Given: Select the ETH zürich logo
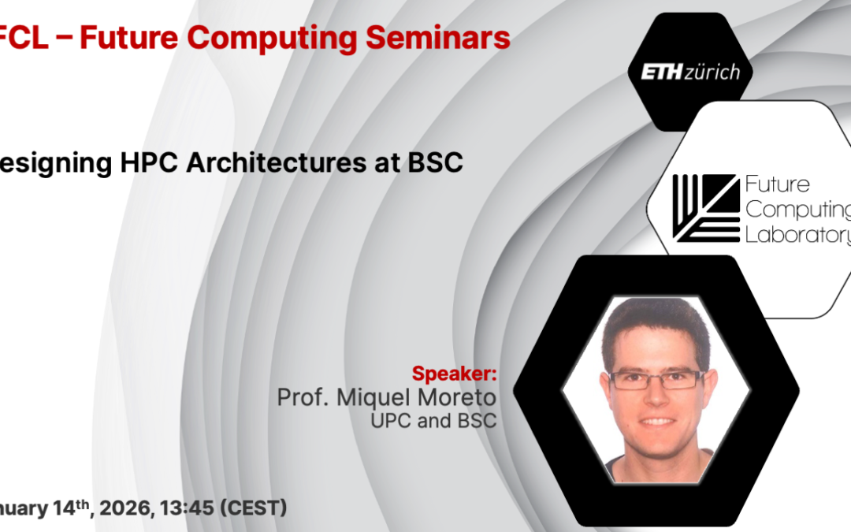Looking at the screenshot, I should coord(684,73).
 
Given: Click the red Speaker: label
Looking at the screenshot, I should coord(454,373).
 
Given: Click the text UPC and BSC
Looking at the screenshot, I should coord(433,421).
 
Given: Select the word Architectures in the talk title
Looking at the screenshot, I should coord(261,163).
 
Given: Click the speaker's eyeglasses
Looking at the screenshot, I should coord(656,379).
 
